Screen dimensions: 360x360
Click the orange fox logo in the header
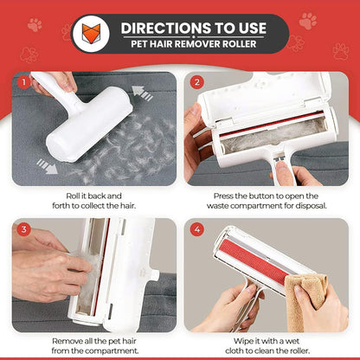click(91, 33)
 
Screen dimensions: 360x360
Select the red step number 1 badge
click(24, 82)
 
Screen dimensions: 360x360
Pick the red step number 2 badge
click(196, 82)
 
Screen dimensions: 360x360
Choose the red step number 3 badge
click(24, 229)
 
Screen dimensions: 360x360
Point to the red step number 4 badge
click(196, 229)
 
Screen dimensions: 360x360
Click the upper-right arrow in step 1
click(142, 93)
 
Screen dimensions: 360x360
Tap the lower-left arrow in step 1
click(47, 166)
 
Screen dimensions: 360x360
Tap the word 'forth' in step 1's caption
click(61, 206)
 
